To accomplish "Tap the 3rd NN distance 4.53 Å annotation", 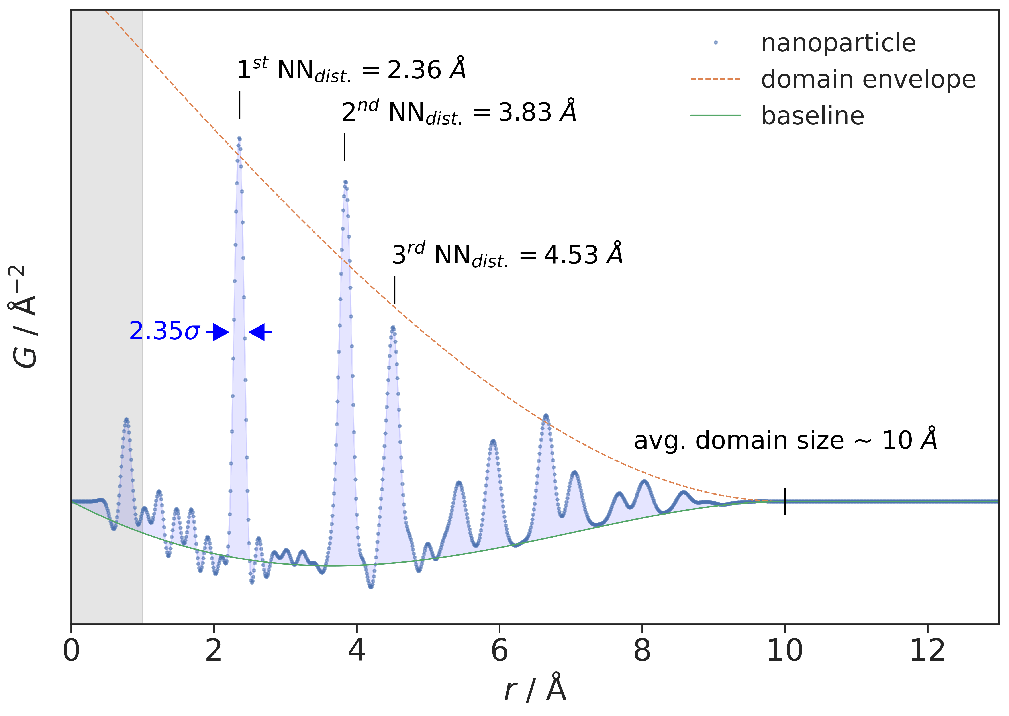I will click(x=507, y=255).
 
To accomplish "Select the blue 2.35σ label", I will click(x=165, y=332).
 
